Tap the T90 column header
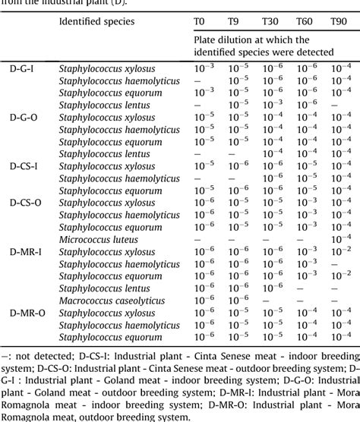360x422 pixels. pos(340,22)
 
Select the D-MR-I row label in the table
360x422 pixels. pos(26,251)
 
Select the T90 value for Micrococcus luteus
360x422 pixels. pos(341,238)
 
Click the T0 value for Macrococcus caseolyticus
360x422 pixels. pos(204,300)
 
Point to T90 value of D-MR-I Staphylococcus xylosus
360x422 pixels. pos(341,250)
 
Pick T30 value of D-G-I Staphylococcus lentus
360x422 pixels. pos(273,104)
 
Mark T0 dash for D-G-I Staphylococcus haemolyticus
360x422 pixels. pos(197,80)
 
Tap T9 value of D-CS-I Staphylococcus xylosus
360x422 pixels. pos(238,165)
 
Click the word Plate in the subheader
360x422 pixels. pos(207,39)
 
